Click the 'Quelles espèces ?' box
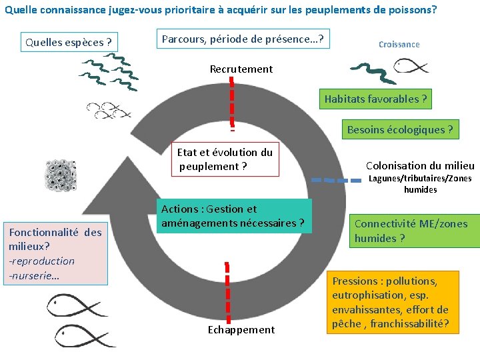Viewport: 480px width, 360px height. [x=69, y=42]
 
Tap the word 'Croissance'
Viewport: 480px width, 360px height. [x=399, y=44]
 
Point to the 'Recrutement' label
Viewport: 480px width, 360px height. [x=241, y=69]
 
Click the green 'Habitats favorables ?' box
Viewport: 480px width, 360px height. [x=375, y=99]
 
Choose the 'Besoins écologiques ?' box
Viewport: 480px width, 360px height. [x=399, y=129]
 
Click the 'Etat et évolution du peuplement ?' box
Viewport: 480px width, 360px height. [x=225, y=159]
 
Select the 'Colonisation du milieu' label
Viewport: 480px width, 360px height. [x=420, y=165]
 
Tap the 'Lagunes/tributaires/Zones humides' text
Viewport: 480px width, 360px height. [x=420, y=184]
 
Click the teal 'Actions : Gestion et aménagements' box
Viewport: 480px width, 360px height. [x=236, y=216]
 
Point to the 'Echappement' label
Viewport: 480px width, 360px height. [x=241, y=329]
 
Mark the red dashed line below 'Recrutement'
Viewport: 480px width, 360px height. [x=232, y=100]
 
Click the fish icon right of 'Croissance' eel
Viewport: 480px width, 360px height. [x=410, y=66]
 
